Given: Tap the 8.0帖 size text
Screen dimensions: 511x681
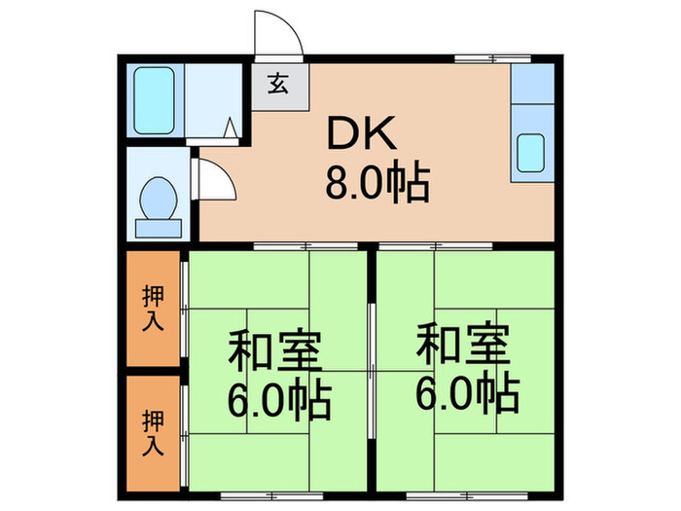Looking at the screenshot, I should (376, 182).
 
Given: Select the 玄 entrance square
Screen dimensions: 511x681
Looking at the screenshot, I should (277, 84).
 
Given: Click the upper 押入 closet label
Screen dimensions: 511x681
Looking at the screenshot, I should (153, 308).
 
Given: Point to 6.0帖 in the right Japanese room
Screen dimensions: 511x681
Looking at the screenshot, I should (469, 393).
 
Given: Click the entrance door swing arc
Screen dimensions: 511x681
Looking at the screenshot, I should (279, 34).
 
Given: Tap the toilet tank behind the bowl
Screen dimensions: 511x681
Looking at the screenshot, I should (159, 229).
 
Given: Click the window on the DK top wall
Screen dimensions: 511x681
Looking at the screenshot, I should (481, 60).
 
